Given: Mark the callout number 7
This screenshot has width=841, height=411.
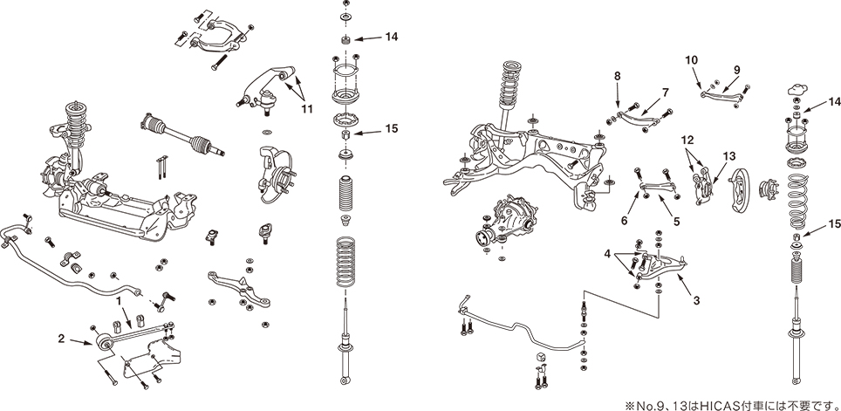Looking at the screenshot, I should (665, 92).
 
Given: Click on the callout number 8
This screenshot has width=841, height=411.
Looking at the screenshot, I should (617, 77).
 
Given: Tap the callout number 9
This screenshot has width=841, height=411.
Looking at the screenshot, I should (735, 69).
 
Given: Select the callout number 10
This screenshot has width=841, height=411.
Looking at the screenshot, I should (692, 59).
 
